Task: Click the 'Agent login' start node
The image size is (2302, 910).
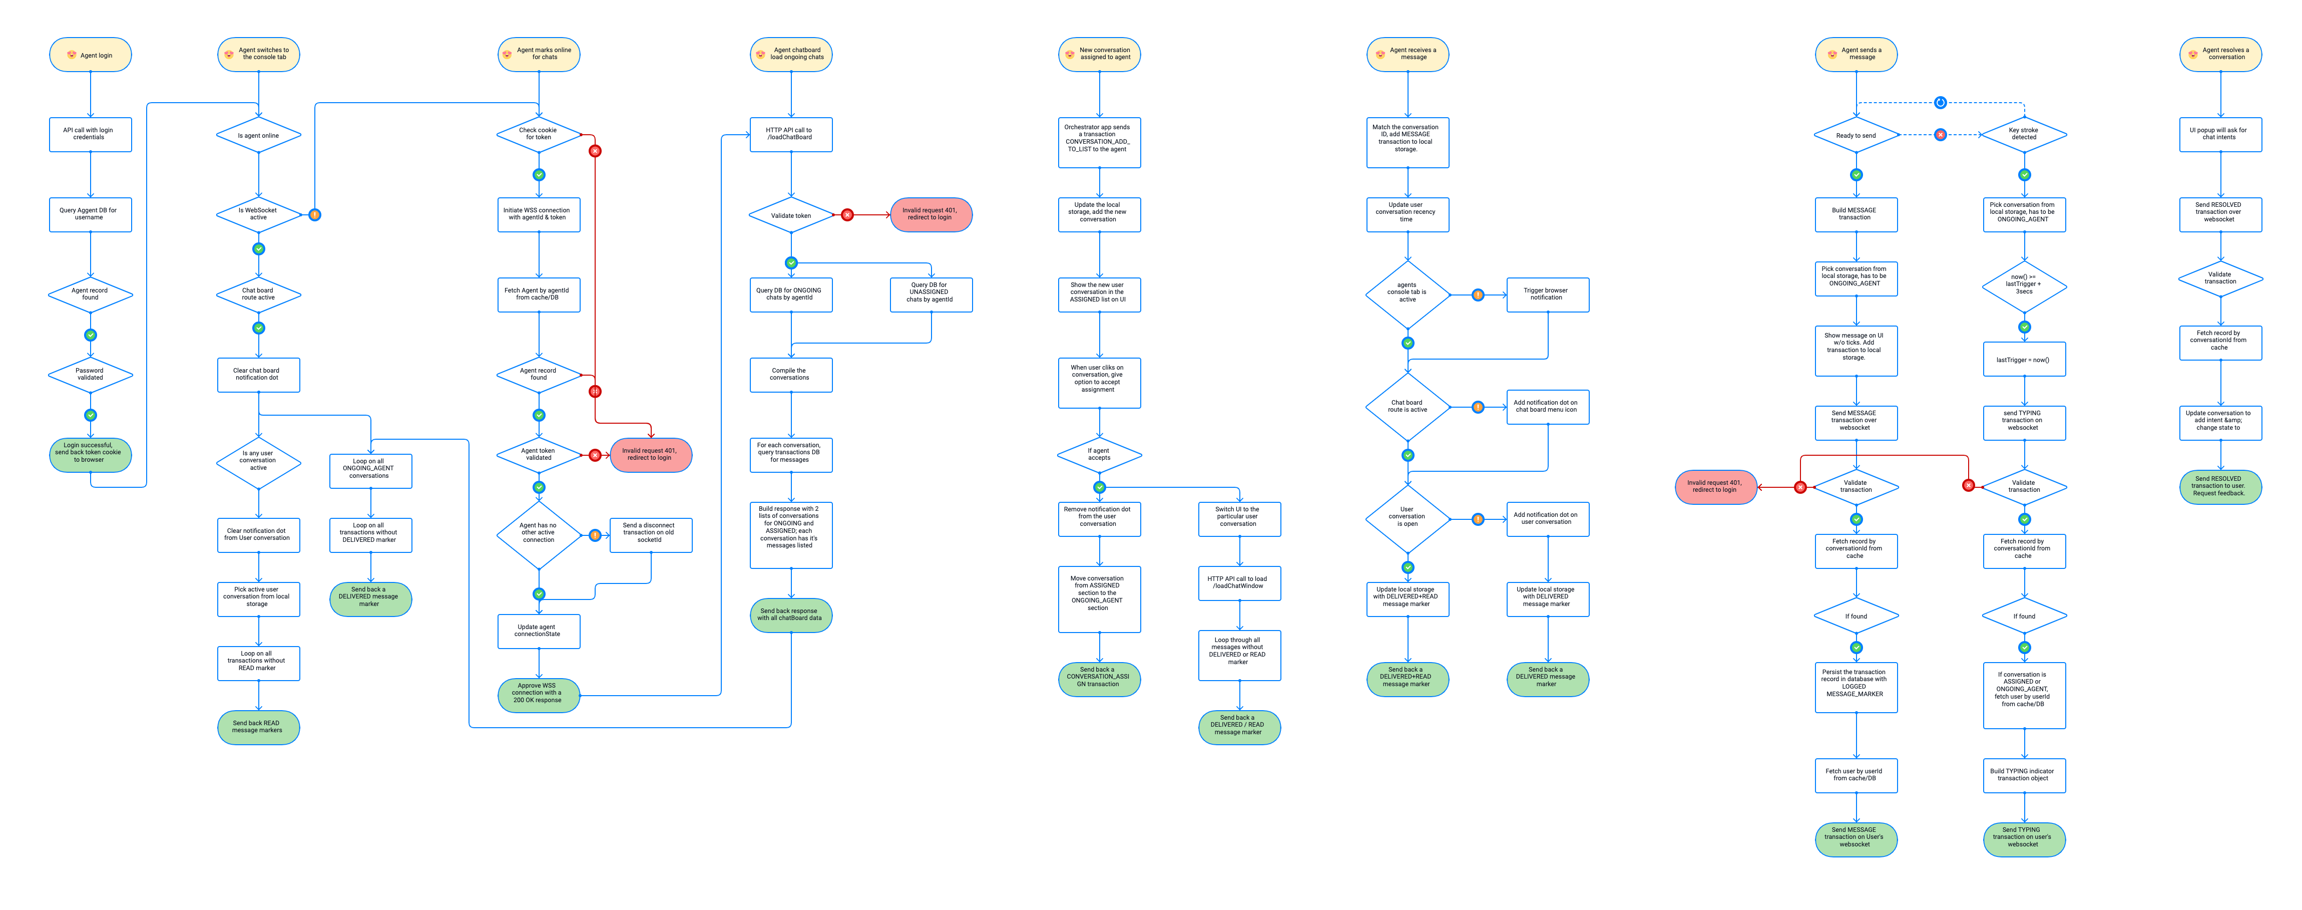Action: tap(90, 55)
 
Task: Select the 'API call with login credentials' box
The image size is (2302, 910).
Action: tap(90, 134)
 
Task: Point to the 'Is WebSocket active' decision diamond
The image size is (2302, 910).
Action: tap(258, 214)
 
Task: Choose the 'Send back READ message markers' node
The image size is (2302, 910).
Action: tap(258, 727)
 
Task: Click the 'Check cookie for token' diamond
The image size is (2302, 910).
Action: tap(539, 134)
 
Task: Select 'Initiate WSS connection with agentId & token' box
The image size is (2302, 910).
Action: tap(539, 214)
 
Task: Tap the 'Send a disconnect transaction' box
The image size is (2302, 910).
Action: tap(651, 534)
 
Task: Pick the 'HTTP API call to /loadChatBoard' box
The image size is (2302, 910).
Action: tap(791, 134)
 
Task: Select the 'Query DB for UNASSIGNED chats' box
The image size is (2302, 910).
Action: tap(931, 294)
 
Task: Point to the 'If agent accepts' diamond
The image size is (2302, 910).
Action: tap(1099, 455)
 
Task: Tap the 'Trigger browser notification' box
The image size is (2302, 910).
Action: tap(1547, 294)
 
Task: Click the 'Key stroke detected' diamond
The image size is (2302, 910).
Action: tap(2024, 134)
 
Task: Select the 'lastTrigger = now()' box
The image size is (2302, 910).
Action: tap(2024, 360)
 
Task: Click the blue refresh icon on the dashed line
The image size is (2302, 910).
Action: tap(1940, 103)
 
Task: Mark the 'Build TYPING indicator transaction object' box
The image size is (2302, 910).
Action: tap(2024, 775)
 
